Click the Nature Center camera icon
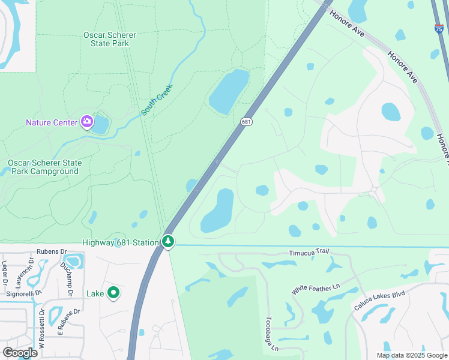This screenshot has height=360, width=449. [x=87, y=122]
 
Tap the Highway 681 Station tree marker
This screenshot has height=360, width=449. [x=168, y=242]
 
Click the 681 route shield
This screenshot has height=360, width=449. [x=246, y=122]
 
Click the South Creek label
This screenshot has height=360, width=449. [x=157, y=100]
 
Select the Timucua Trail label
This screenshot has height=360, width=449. [x=310, y=254]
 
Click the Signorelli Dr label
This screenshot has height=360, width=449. [x=21, y=293]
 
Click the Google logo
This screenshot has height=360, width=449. [x=20, y=352]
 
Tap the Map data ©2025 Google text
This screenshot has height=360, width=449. [x=411, y=355]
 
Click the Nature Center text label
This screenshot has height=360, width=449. [x=52, y=122]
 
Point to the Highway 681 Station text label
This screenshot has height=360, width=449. [x=120, y=242]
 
